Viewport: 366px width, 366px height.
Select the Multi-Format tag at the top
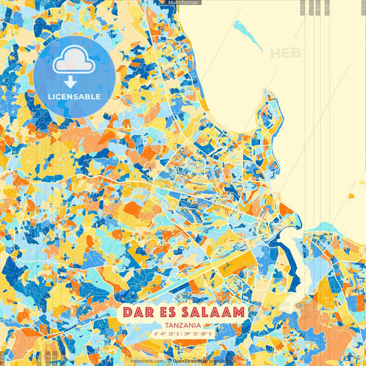[x=183, y=3]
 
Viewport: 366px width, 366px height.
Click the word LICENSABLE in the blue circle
[x=74, y=97]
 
